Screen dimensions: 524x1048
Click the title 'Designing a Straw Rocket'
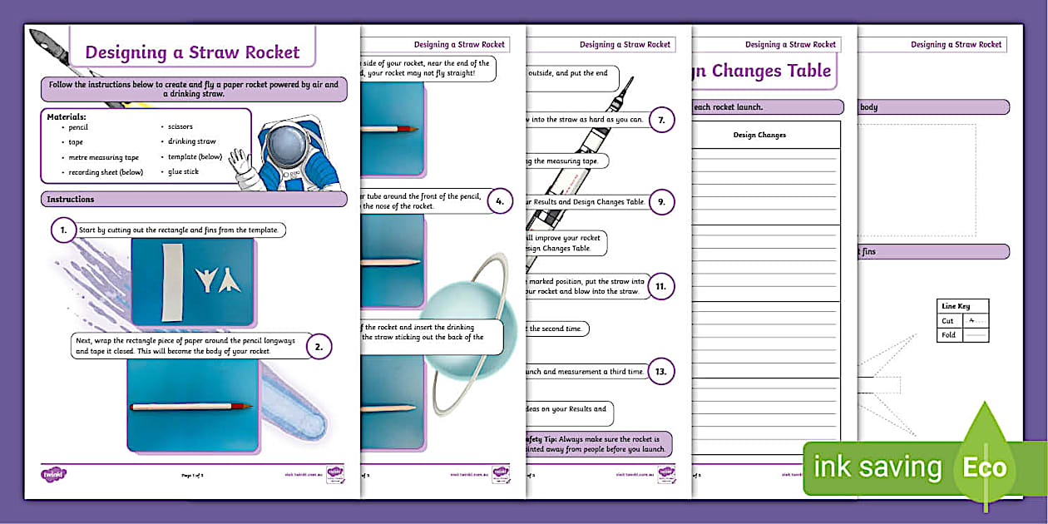192,52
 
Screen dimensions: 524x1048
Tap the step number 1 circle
62,230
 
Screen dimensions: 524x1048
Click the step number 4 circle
499,201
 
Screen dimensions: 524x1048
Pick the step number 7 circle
661,120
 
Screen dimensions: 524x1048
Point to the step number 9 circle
661,201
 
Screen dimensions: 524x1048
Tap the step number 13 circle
661,372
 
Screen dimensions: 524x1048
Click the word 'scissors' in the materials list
180,127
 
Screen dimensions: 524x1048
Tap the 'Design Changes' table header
759,135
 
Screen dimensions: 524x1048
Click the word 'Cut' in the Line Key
947,321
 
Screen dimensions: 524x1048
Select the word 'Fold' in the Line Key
948,335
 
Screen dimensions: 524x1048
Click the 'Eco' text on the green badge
985,467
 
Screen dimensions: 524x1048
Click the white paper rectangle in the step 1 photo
171,282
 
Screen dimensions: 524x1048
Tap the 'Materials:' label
67,116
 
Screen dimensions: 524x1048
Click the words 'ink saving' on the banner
877,467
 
